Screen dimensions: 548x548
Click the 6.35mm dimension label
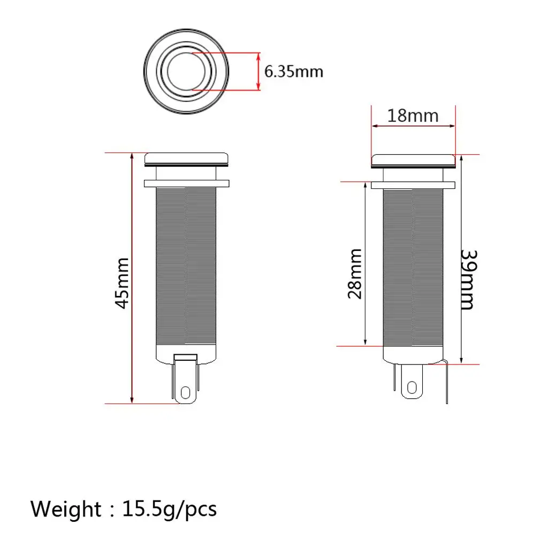(294, 71)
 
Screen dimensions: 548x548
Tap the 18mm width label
(413, 115)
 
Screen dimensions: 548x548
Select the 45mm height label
(123, 283)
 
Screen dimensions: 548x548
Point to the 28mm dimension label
(354, 273)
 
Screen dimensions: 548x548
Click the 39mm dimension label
(467, 279)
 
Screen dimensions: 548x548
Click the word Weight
(65, 508)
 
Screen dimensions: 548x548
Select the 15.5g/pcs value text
(170, 508)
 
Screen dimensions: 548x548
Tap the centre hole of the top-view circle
(186, 71)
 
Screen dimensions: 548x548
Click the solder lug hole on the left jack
(186, 393)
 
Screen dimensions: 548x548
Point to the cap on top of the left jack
(187, 158)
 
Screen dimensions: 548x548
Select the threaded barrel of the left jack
(186, 268)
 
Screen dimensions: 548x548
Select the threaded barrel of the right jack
(413, 268)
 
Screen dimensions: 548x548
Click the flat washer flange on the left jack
(187, 184)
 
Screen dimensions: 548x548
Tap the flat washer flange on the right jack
(413, 185)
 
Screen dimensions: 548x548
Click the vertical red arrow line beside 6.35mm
(259, 71)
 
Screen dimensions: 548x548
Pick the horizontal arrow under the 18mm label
(413, 126)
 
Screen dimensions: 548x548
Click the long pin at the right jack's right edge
(446, 383)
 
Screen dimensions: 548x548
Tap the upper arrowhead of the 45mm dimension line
(132, 157)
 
